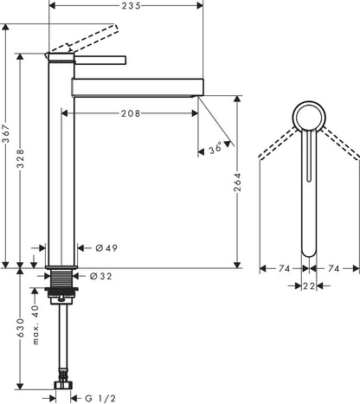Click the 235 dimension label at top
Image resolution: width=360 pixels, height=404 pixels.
coord(131,5)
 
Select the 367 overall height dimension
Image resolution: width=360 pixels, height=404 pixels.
coord(6,134)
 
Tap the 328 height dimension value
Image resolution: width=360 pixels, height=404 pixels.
coord(20,158)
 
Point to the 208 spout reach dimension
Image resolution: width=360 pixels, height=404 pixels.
coord(131,113)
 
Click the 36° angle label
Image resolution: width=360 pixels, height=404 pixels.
coord(215,148)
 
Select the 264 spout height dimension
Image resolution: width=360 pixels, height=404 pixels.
coord(237,183)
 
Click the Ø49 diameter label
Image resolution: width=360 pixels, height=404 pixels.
coord(106,248)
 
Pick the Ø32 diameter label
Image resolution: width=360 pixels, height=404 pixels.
coord(100,276)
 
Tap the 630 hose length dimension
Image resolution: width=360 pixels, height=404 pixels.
coord(20,328)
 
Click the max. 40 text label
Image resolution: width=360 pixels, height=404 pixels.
coord(35,324)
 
